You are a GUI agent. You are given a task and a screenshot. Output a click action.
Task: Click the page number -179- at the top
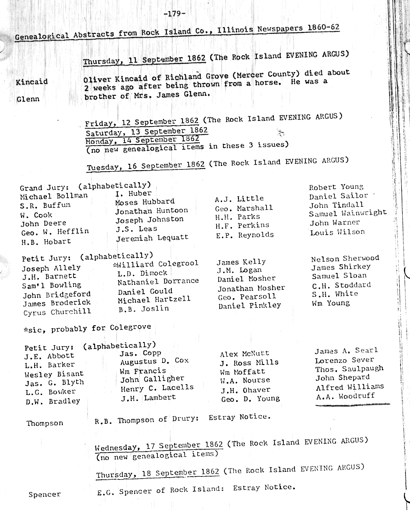175,14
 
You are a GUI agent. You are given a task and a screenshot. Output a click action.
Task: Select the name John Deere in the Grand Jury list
43,224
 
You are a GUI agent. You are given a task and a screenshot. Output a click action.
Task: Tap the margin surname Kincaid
31,82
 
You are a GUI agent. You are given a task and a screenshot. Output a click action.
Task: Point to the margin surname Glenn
28,99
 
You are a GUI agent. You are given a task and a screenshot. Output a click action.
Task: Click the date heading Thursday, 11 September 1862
144,59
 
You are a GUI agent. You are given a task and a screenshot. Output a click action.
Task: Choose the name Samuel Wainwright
348,213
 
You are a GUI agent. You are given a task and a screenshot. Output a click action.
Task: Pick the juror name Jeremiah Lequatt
152,238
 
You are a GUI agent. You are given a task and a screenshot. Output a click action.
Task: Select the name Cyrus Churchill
57,312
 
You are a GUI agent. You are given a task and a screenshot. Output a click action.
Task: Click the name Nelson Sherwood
345,258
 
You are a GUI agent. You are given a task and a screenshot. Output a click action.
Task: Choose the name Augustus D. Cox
154,362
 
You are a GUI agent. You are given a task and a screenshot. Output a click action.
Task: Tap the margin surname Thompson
45,423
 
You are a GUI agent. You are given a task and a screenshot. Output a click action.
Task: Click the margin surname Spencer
44,495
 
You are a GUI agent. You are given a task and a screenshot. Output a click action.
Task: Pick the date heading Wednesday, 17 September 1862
159,446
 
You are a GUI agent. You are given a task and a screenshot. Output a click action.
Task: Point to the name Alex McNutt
245,354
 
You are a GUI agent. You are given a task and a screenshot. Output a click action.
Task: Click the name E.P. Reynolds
245,235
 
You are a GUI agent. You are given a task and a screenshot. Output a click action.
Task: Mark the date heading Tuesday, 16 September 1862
146,166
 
